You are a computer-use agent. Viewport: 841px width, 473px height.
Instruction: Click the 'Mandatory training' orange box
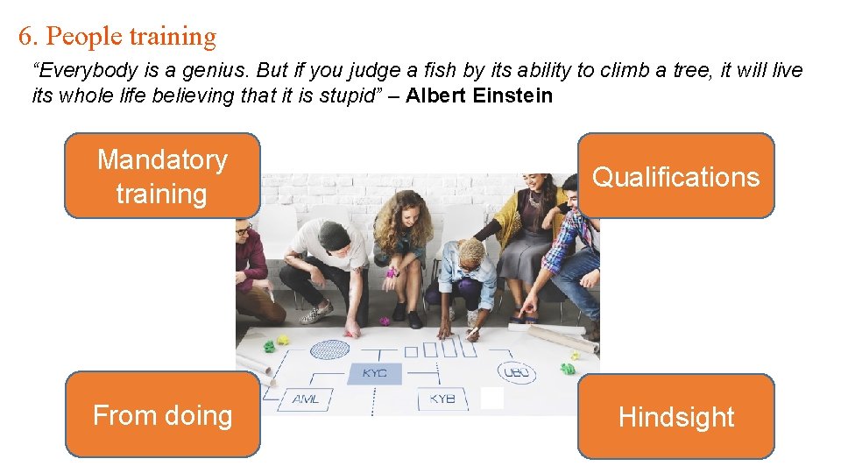point(162,176)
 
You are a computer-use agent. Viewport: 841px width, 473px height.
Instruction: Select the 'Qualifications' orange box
point(675,176)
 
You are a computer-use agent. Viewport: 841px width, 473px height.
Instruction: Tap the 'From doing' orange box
point(162,414)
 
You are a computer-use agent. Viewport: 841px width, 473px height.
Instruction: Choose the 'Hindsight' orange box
point(675,417)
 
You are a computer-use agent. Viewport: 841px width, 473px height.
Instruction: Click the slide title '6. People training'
point(117,36)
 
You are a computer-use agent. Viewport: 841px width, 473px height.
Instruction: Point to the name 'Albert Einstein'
point(479,95)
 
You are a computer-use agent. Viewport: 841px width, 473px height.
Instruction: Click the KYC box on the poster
point(375,374)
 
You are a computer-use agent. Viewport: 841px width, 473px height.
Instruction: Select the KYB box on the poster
point(442,399)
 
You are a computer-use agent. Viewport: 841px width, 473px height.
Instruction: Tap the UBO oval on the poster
point(517,373)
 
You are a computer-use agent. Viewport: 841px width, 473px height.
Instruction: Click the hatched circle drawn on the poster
point(329,349)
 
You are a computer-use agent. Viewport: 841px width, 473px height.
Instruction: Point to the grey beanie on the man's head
point(335,234)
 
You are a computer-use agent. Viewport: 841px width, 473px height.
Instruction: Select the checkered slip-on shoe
point(317,312)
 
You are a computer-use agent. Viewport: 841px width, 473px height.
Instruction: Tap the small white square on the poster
point(492,399)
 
